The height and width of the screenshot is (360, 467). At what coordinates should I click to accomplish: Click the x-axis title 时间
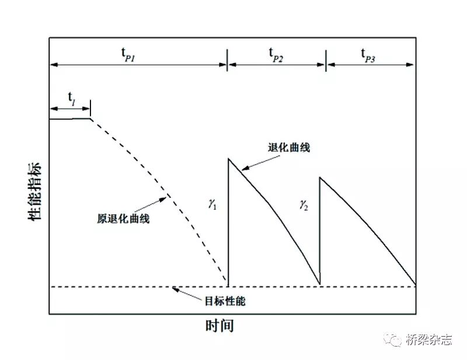(219, 326)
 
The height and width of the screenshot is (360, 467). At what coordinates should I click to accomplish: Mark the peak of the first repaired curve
(228, 158)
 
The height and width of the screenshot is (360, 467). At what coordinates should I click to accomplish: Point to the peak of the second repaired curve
(320, 176)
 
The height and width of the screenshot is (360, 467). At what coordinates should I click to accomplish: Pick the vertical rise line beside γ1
(228, 233)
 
